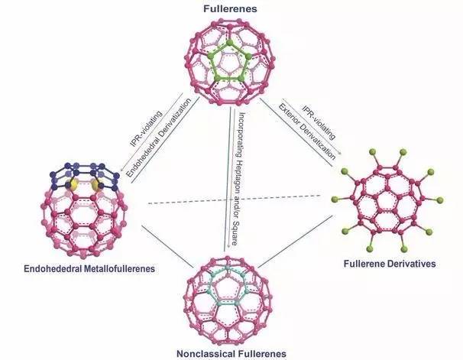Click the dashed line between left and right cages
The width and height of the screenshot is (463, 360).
click(x=229, y=201)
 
